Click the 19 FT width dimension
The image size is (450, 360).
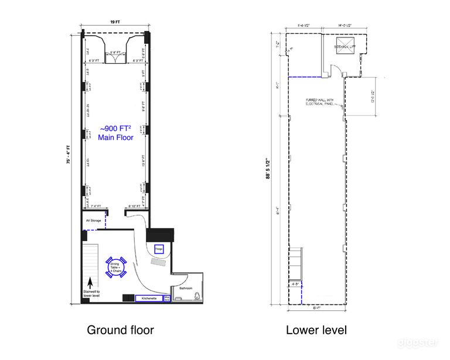pos(115,22)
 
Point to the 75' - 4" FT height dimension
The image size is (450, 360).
pos(68,165)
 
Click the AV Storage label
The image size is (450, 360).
pos(93,221)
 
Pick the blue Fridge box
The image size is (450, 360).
pos(158,249)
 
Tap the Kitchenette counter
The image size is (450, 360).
pos(149,298)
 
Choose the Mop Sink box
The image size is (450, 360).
pos(166,298)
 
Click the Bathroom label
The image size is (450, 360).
pos(187,287)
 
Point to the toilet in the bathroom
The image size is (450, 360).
pos(199,297)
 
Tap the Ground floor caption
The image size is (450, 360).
pos(120,330)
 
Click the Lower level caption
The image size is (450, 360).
pos(316,330)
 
